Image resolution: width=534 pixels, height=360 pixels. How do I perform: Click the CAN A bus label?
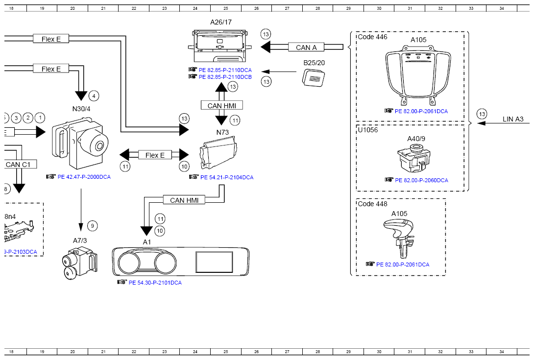[307, 48]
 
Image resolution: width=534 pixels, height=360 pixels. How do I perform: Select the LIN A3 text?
[513, 119]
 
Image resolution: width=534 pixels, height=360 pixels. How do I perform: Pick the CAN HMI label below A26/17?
[222, 105]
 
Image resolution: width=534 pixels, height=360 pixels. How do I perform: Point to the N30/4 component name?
[81, 108]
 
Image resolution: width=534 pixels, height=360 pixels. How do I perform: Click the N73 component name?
[222, 132]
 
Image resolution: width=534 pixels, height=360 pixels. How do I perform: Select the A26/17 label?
[221, 22]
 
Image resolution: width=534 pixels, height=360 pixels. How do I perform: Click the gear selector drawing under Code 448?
[401, 238]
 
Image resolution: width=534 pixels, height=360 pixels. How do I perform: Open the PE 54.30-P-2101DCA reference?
[155, 283]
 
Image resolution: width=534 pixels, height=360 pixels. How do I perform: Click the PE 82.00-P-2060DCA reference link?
[421, 180]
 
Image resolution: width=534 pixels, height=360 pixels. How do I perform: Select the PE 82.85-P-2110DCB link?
[225, 77]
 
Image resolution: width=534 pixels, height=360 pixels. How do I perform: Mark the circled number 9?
[93, 226]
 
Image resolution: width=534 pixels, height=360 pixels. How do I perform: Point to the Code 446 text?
[372, 37]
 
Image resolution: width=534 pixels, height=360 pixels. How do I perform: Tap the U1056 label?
[367, 130]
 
